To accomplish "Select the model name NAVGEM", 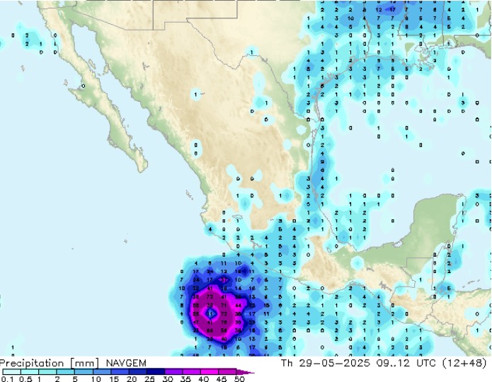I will tap(127, 363).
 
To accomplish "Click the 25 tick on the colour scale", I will tap(151, 378).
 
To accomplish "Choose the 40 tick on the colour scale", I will tap(204, 378).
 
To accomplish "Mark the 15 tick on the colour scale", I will tap(114, 378).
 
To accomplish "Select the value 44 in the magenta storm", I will tap(237, 305).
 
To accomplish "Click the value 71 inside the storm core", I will tap(224, 305).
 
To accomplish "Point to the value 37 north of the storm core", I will tap(224, 280).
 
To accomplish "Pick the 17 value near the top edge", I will tap(393, 10).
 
